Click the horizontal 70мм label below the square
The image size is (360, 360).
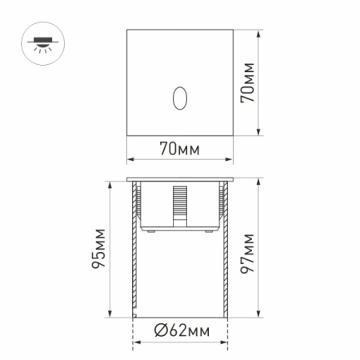point(179,150)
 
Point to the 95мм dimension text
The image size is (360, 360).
point(98,250)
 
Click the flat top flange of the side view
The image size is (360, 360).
point(179,177)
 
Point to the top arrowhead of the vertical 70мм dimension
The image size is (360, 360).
point(259,34)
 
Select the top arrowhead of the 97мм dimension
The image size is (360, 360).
point(259,179)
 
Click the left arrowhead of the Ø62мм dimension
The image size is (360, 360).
point(135,342)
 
